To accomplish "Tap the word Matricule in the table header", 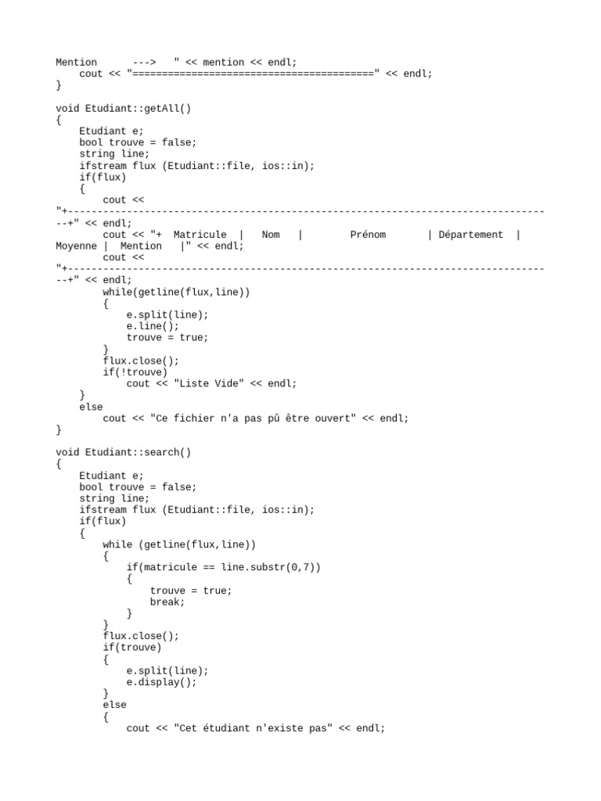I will tap(200, 235).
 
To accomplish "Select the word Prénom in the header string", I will tap(368, 235).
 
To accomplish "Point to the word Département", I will tap(471, 235).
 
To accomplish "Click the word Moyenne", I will tap(76, 246).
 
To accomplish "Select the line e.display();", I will tap(161, 682).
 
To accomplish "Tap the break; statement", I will tap(167, 602).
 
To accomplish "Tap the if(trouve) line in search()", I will tap(131, 648).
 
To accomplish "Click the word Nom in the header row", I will tap(271, 235).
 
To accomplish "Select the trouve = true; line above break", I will tap(191, 591).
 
